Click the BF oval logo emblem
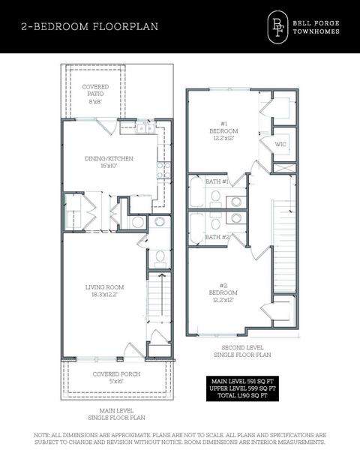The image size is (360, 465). [277, 27]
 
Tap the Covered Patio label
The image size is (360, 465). [95, 94]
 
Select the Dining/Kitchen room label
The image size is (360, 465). [109, 162]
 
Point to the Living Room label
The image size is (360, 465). [104, 291]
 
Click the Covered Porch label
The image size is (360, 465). [116, 377]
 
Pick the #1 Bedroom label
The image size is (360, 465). [223, 130]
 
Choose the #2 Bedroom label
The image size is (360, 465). [223, 292]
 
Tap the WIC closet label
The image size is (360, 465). [280, 145]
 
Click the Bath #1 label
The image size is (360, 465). [217, 181]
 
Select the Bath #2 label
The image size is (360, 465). [217, 237]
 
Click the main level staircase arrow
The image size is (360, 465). [162, 295]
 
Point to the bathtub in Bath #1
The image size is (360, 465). [196, 192]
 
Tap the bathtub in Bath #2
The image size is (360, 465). [196, 228]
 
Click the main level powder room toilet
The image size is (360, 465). [160, 258]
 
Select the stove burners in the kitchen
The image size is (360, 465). [164, 170]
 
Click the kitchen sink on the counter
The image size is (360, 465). [145, 128]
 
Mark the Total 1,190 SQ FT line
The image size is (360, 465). [242, 395]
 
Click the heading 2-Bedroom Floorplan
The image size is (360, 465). [89, 26]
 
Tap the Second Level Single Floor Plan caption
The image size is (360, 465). [242, 351]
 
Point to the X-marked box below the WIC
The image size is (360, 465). [284, 168]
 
